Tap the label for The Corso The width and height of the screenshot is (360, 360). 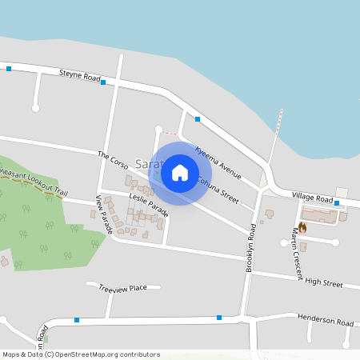(x=113, y=160)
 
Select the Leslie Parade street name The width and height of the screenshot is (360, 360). (x=148, y=204)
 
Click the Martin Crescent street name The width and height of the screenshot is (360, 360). (x=297, y=254)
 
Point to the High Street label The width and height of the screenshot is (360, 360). (x=323, y=283)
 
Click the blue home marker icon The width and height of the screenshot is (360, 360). (x=180, y=172)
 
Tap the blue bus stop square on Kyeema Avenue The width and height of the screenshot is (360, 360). (x=197, y=119)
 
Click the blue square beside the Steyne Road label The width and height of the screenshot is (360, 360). (x=103, y=82)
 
